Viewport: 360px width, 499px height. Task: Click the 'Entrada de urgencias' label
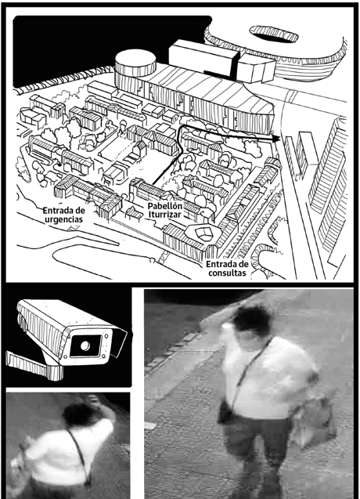tap(63, 215)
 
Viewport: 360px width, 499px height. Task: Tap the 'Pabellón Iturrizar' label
tap(165, 210)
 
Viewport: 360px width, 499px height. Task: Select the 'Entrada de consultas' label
tap(227, 268)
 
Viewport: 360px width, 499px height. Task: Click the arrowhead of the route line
tap(276, 139)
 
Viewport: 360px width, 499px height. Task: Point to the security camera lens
tap(85, 345)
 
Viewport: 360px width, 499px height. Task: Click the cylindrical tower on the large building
tap(135, 67)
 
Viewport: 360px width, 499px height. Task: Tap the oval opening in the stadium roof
tap(274, 34)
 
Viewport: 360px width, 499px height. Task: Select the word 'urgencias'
tap(63, 219)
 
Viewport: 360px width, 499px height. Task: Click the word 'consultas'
tap(227, 273)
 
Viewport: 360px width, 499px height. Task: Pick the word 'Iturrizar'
tap(165, 215)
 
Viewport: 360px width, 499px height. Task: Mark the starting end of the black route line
tap(153, 184)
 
